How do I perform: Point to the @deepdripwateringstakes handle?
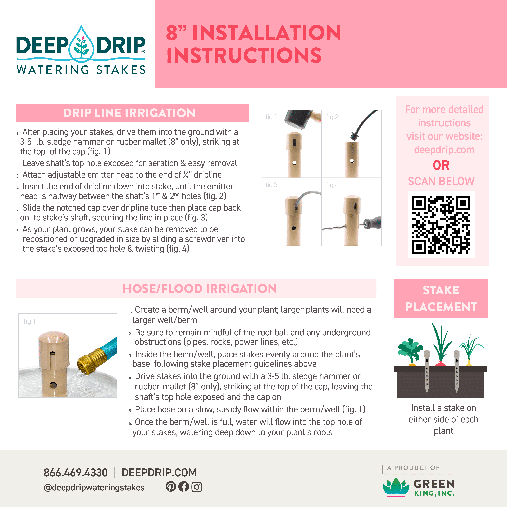pos(94,487)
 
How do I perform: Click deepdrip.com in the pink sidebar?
pos(444,150)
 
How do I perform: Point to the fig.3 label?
pos(271,185)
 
